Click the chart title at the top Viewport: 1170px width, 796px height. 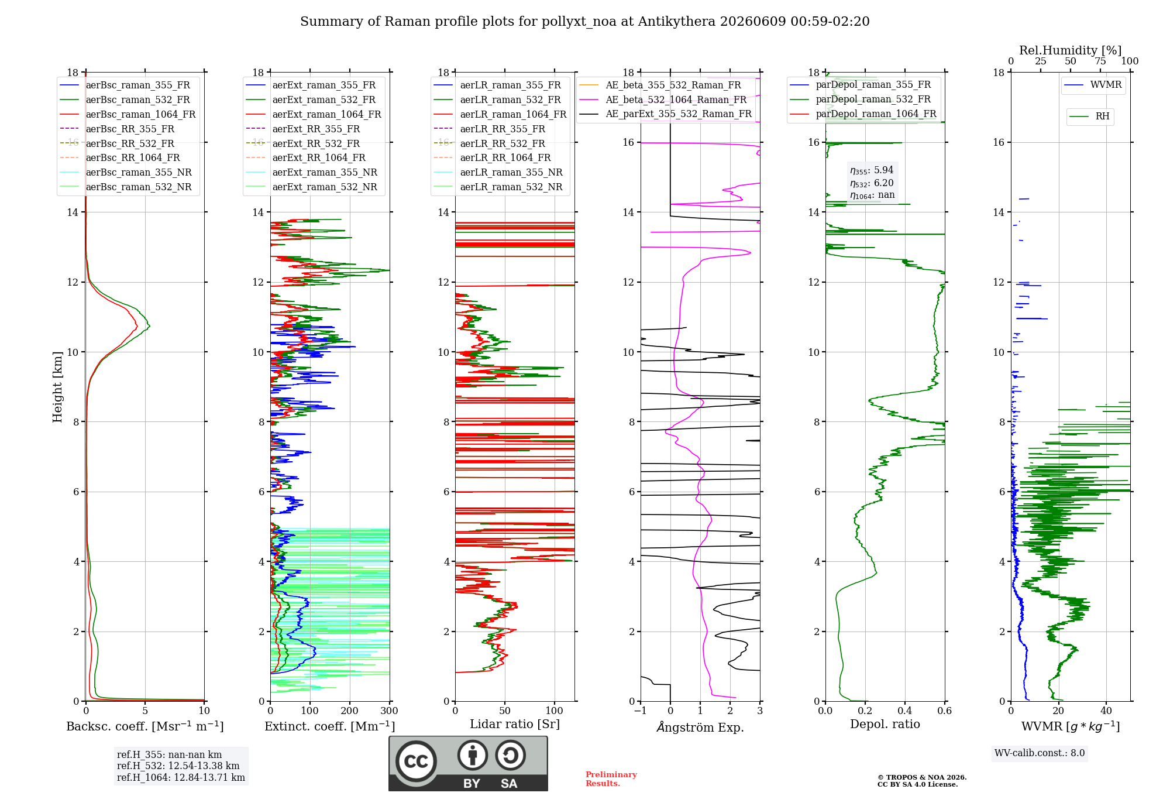584,22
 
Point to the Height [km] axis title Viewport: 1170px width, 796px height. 57,387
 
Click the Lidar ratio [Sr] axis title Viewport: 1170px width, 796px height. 515,724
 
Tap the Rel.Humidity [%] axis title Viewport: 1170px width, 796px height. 1071,50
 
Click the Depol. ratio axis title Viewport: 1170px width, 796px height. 885,724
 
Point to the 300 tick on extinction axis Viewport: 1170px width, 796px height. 390,711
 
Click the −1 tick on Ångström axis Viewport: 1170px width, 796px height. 641,711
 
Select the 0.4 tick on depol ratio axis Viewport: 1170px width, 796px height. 905,711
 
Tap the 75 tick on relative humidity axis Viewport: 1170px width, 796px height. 1100,61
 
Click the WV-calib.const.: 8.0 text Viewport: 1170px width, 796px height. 1040,753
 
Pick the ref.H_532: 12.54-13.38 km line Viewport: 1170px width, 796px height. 178,766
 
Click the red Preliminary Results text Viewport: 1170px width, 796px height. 611,779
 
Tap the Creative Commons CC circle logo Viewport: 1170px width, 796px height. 416,761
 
